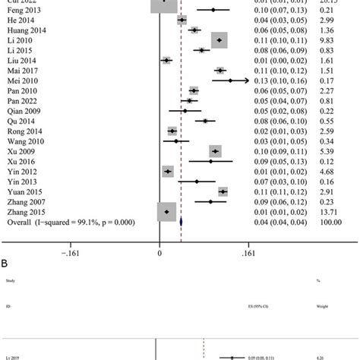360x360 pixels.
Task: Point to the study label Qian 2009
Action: click(x=22, y=110)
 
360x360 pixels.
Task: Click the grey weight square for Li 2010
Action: click(x=219, y=40)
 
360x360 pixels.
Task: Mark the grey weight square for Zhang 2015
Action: click(x=166, y=212)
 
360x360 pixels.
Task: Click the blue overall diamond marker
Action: click(x=181, y=222)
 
